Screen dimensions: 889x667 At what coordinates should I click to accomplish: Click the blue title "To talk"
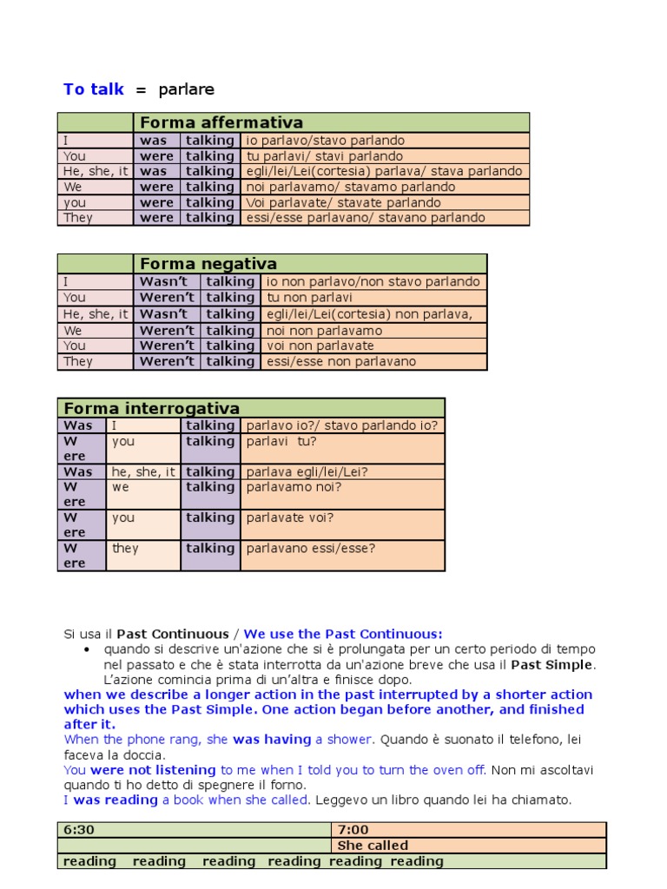[94, 89]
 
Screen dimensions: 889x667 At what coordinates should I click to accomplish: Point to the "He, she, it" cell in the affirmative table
[96, 172]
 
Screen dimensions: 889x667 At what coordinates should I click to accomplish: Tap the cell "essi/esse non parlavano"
[341, 361]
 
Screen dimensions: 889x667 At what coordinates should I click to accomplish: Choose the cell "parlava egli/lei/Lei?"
[307, 472]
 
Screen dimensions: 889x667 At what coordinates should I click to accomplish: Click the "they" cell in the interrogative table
[125, 549]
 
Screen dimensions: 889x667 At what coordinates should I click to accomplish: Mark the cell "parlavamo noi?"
[294, 487]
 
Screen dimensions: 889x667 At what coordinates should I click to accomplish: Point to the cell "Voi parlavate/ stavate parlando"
[344, 203]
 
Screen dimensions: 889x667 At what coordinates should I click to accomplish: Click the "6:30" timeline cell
[79, 830]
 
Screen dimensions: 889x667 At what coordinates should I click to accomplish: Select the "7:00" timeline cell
[353, 830]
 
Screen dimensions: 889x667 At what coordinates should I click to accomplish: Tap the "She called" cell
[373, 846]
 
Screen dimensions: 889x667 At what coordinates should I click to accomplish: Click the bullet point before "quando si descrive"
[87, 649]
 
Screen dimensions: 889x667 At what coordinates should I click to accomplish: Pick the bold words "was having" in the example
[272, 740]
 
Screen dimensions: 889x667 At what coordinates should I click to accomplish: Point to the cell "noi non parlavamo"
[325, 331]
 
